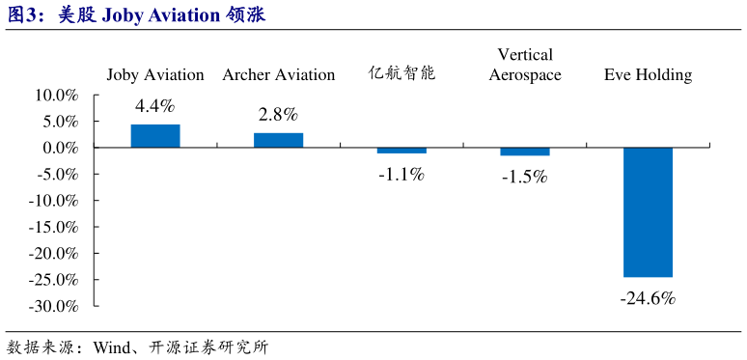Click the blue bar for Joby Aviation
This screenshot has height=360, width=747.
point(155,136)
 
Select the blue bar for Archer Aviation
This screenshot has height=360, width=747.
point(278,140)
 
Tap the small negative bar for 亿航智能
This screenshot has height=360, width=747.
point(401,151)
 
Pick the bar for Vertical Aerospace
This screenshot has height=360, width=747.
point(524,152)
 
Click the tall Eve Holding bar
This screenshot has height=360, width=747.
point(648,212)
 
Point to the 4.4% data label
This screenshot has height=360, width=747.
point(155,107)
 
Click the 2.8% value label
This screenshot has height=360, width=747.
point(278,115)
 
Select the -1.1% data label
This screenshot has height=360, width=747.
point(401,175)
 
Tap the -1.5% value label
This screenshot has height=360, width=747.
point(524,177)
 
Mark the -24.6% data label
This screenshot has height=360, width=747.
point(648,298)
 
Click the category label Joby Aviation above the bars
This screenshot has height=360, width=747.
point(155,74)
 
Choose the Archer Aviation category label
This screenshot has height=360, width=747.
point(278,74)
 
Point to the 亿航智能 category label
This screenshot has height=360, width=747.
point(401,73)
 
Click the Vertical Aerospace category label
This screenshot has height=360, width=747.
point(524,65)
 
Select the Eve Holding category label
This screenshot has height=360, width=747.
point(648,74)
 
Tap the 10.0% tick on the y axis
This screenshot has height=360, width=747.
point(56,96)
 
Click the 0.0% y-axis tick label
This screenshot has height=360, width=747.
point(61,149)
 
